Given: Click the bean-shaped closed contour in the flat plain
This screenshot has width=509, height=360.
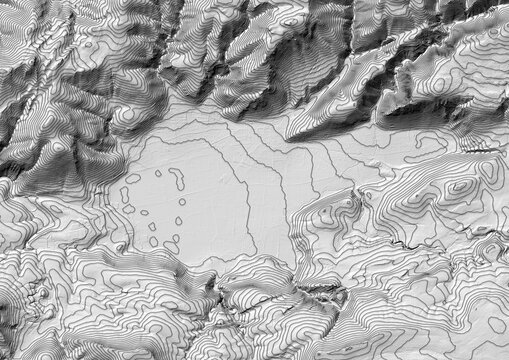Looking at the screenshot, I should coord(177,179).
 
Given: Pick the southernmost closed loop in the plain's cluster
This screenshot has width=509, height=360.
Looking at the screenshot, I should coord(171,246).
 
